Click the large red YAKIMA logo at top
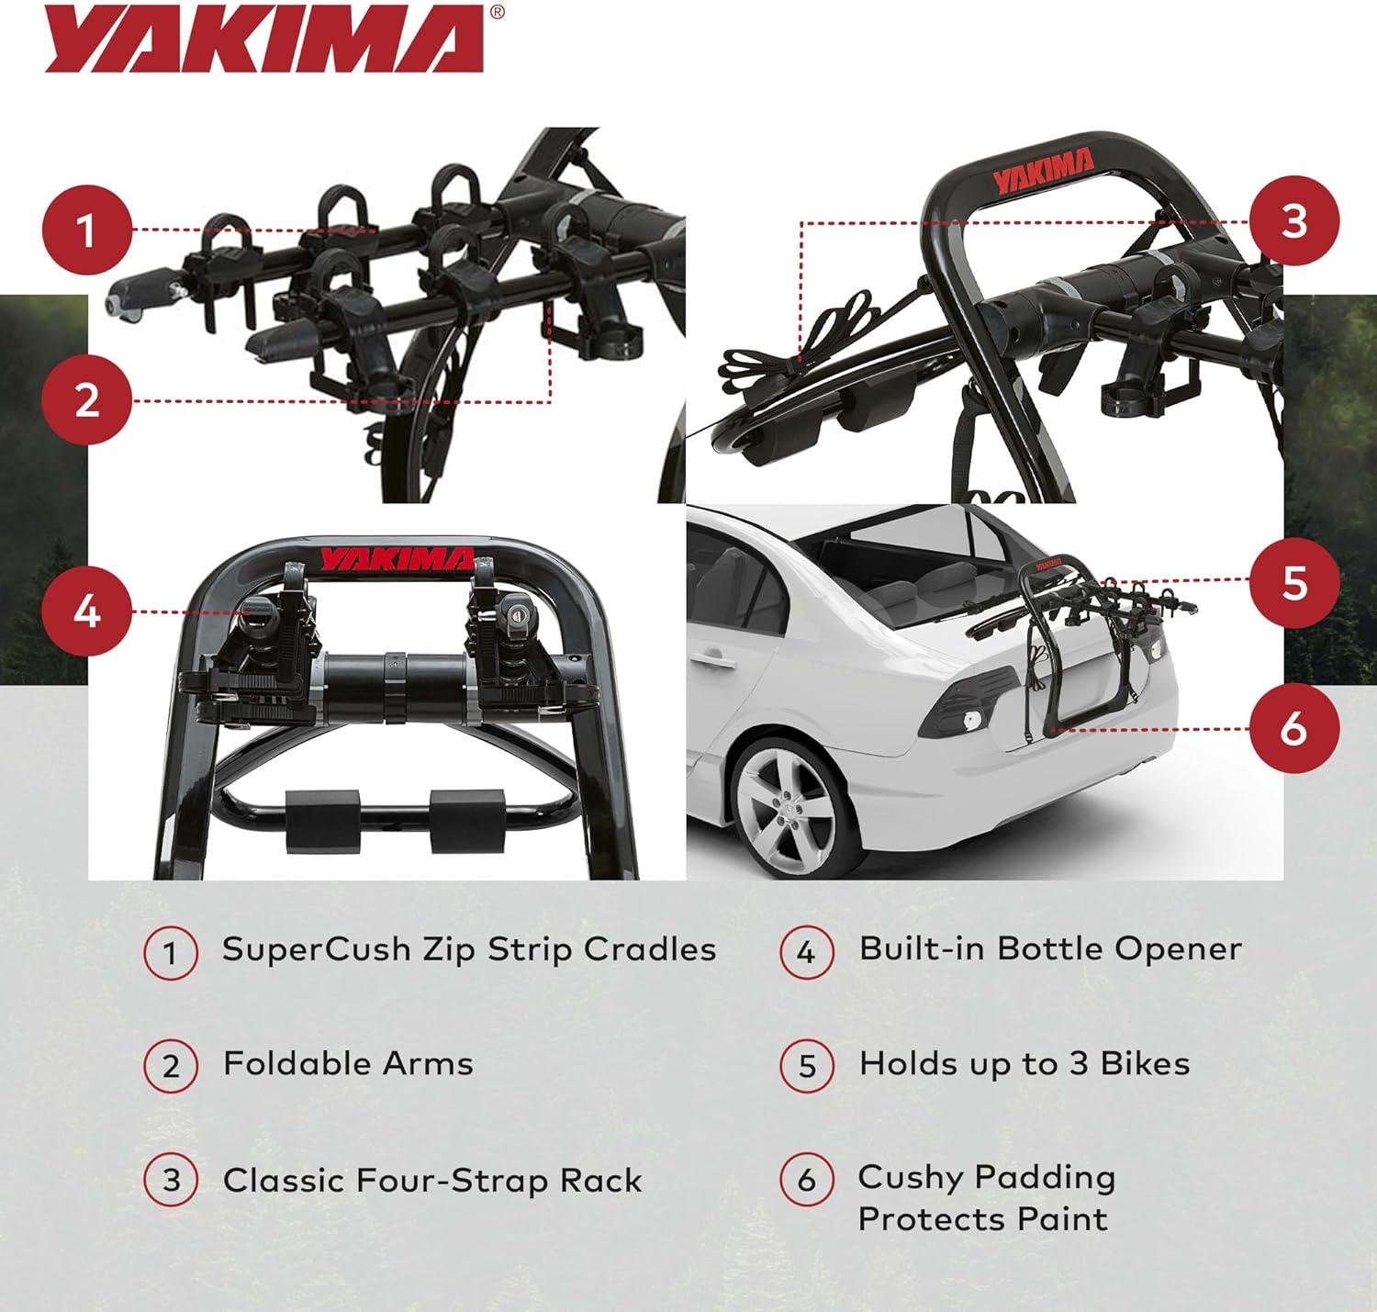coord(264,39)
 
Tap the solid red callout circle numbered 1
coord(87,230)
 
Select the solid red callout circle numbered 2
coord(87,400)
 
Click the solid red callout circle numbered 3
coord(1294,220)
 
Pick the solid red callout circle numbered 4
coord(87,611)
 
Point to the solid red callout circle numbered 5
coord(1294,582)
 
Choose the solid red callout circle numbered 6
coord(1294,728)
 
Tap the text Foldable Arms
coord(348,1064)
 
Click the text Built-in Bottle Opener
coord(1050,949)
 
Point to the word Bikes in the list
coord(1145,1064)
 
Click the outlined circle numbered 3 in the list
coord(171,1181)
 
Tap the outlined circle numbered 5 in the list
coord(807,1066)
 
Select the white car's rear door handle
coord(713,660)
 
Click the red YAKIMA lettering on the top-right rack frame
coord(1043,171)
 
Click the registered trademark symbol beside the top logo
coord(497,12)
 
